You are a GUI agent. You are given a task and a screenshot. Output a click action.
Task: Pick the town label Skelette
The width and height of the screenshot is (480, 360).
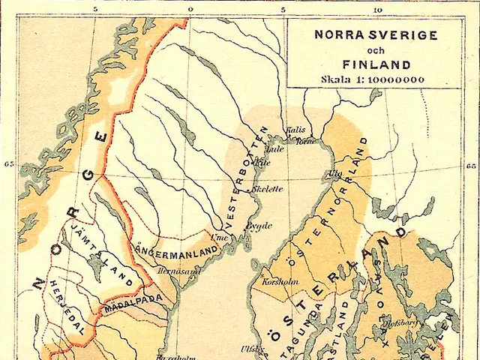click(x=268, y=189)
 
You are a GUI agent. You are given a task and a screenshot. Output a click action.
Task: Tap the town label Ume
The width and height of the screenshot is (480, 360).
click(x=220, y=237)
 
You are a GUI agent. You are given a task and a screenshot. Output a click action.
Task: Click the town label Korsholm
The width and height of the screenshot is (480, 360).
click(x=271, y=282)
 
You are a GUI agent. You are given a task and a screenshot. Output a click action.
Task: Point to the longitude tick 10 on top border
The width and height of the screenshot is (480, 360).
click(x=377, y=9)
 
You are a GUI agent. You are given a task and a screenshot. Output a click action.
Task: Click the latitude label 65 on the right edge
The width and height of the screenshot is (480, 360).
click(x=471, y=166)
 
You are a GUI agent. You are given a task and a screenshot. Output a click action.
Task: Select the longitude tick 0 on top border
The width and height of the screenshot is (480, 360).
click(x=190, y=9)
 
